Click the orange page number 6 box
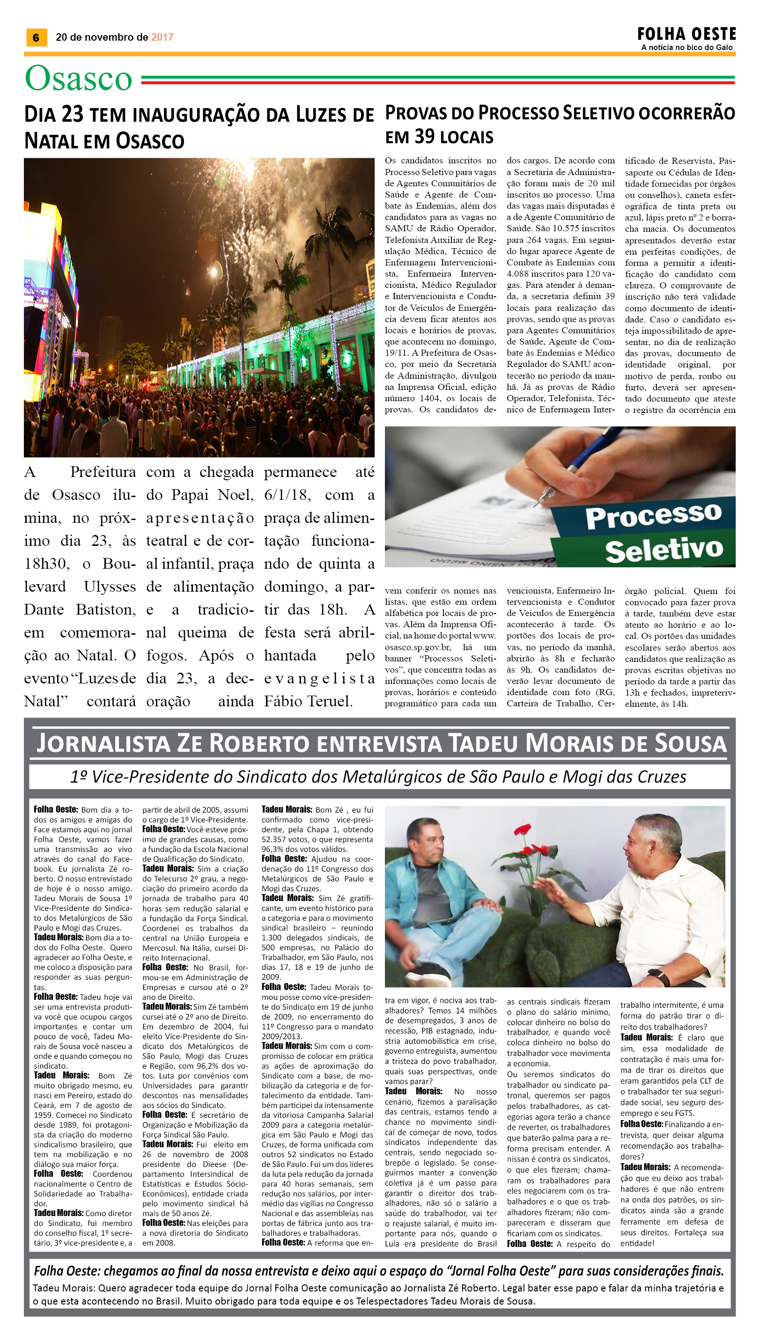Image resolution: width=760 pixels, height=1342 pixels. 36,37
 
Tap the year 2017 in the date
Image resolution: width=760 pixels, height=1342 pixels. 162,37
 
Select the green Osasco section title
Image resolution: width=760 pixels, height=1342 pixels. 78,79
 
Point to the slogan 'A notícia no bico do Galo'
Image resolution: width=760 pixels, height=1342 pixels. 686,47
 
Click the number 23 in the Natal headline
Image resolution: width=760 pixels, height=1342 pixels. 72,114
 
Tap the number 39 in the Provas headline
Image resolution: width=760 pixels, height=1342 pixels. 424,137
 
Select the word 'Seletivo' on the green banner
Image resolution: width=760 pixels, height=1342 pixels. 664,550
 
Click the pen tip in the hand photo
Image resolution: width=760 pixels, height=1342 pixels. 547,492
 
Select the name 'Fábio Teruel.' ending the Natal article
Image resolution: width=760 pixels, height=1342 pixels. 308,701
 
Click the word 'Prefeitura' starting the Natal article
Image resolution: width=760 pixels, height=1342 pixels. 103,472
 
